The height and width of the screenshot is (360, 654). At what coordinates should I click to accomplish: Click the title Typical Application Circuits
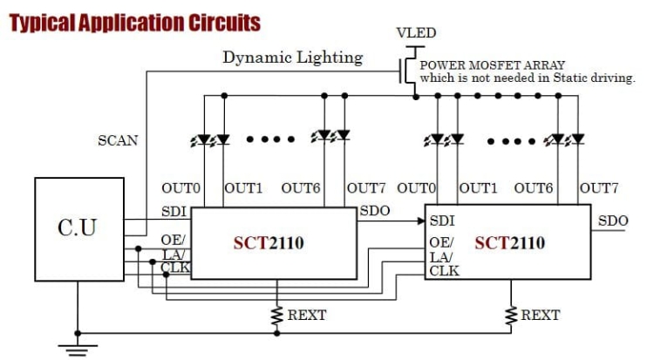135,22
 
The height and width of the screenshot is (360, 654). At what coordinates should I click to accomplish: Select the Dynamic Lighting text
292,58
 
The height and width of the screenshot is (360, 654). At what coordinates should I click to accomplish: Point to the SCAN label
117,139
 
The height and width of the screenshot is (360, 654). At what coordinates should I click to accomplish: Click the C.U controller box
77,228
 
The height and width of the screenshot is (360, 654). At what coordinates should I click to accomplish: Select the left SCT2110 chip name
269,242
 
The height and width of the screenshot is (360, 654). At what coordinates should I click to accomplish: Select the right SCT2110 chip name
510,241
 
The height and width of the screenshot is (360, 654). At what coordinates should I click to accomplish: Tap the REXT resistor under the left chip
277,316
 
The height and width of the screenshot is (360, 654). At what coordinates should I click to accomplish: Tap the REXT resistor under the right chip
512,315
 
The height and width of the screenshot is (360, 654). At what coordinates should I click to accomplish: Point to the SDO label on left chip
375,212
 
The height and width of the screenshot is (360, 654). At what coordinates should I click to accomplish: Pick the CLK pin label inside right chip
443,271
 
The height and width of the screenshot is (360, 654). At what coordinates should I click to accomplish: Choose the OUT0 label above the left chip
181,187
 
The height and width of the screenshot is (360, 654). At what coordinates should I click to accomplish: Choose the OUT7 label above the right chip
599,187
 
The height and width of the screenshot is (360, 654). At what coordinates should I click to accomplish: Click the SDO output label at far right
613,221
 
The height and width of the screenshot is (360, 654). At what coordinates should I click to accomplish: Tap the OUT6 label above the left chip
300,187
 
